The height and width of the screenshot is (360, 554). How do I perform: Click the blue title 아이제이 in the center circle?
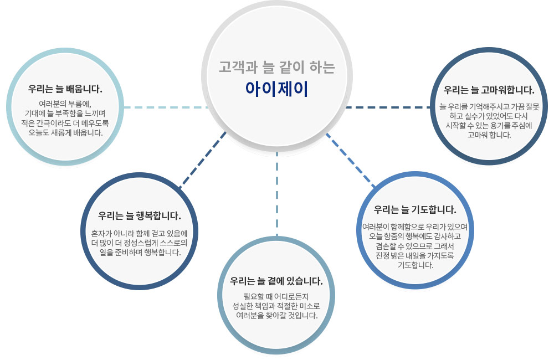tap(276, 89)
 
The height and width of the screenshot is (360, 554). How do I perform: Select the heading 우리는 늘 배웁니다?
tap(65, 89)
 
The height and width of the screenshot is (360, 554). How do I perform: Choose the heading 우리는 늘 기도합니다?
tap(415, 210)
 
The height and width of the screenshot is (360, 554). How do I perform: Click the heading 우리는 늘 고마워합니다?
tap(489, 90)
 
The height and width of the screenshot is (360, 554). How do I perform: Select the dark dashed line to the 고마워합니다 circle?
tap(388, 106)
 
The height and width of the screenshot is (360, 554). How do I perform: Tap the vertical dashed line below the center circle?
tap(276, 194)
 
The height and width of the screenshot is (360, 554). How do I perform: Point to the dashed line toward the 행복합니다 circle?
tap(202, 161)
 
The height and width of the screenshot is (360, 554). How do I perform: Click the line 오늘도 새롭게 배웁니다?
tap(65, 133)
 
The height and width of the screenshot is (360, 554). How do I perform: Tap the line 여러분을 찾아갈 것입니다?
tap(276, 316)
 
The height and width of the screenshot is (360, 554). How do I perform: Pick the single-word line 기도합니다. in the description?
tap(415, 265)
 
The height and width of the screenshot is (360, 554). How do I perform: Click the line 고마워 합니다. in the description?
tap(489, 135)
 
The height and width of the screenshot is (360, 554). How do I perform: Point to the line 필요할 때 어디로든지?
tap(276, 295)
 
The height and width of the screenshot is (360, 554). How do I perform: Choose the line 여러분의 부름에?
tap(65, 104)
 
